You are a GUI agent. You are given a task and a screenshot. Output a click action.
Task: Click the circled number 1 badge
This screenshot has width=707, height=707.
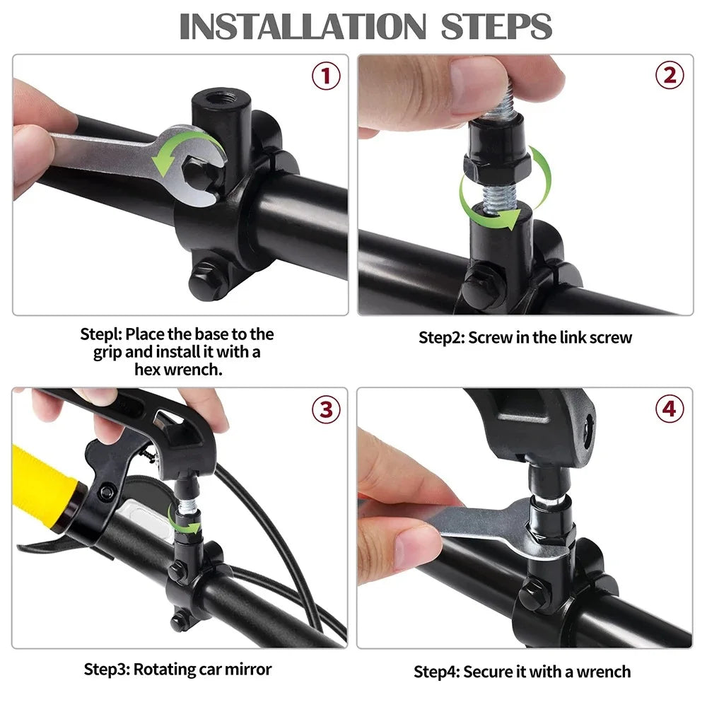[x=326, y=76]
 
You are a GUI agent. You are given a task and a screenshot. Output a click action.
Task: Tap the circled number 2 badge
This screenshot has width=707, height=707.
[x=669, y=76]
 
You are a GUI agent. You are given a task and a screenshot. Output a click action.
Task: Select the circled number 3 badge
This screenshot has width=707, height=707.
[x=326, y=409]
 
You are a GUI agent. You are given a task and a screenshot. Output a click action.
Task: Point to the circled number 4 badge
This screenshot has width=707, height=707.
[x=669, y=409]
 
